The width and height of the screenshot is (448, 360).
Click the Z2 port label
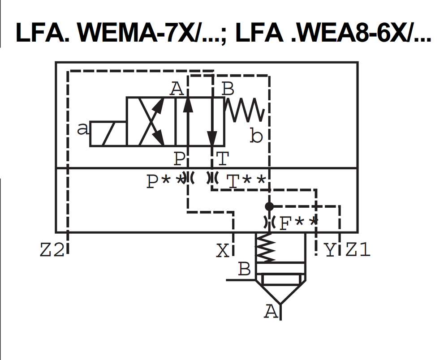coord(52,250)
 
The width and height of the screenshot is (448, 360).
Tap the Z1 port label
coord(358,250)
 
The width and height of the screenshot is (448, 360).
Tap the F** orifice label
coord(298,223)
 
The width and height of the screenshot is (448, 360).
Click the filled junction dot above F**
coord(269,206)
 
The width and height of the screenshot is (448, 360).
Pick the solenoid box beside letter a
coord(108,133)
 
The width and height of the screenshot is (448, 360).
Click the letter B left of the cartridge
coord(244,270)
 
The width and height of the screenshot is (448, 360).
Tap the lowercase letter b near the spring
coord(256,136)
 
